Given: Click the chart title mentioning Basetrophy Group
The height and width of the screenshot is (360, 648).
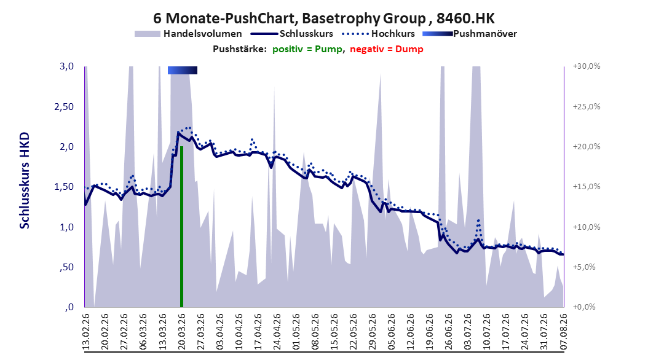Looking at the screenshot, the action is pos(323,18).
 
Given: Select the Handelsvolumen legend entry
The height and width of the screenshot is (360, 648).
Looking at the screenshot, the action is pos(189,34).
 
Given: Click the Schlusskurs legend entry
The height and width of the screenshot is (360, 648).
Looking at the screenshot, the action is pos(292,34).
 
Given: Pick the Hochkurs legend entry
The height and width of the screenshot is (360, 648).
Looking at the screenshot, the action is pos(378,34).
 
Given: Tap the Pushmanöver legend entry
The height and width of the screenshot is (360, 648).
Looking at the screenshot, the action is pos(470,34).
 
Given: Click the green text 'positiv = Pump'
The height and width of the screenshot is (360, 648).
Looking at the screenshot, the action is pos(307,49).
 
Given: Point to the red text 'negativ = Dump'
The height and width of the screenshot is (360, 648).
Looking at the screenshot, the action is pos(387,49).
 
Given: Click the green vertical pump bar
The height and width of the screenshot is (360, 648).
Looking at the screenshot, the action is pos(181,227).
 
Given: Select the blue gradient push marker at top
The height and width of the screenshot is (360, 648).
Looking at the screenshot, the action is pos(182,70).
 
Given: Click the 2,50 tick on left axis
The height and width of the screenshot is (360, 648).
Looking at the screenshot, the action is pos(64,106).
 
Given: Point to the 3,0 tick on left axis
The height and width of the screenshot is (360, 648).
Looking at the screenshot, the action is pos(66,66).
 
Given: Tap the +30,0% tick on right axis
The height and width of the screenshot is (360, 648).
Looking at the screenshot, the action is pos(587,66).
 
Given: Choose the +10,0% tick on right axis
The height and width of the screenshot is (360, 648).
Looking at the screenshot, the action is pos(587,227).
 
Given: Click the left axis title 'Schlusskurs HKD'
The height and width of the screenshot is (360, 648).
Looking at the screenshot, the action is pos(25,181).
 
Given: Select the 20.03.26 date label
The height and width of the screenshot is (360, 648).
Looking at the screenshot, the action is pos(181,332).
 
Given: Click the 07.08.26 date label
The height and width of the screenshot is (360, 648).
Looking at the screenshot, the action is pos(563,332).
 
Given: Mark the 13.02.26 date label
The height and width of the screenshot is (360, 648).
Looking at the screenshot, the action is pos(86,332).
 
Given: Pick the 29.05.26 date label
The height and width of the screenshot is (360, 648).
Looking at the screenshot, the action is pos(373,332).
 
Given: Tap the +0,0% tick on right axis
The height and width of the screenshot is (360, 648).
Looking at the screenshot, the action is pos(584,307).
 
